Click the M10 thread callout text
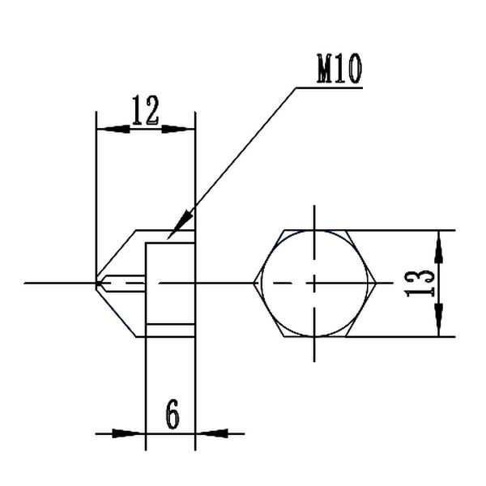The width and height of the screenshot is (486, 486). (339, 70)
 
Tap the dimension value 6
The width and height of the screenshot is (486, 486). (172, 416)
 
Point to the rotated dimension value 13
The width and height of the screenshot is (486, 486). (420, 283)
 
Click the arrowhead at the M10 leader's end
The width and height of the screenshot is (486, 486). (183, 221)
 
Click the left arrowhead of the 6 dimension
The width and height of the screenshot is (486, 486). (133, 433)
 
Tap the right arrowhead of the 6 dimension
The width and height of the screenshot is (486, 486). (208, 433)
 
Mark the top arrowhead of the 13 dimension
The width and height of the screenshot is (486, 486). (438, 242)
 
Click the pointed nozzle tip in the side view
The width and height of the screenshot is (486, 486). (97, 283)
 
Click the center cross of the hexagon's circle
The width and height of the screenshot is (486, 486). (315, 283)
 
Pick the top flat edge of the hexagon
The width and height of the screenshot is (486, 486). (316, 230)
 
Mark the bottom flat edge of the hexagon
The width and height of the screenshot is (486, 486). (316, 336)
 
